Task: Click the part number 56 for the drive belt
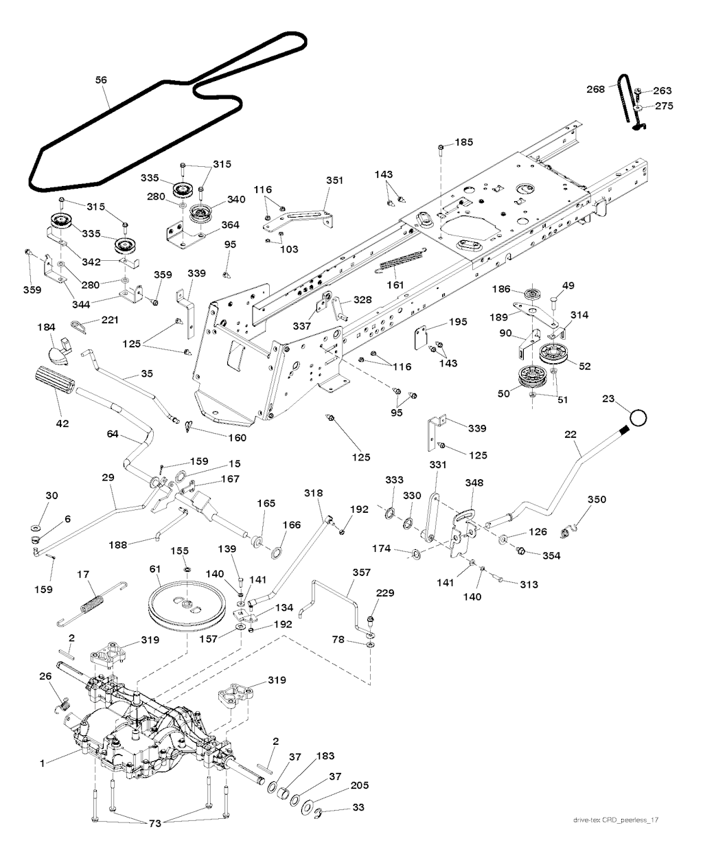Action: point(101,80)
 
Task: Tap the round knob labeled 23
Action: point(638,417)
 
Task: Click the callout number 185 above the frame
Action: point(464,142)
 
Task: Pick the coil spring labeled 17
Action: point(93,603)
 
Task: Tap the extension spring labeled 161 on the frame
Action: point(402,258)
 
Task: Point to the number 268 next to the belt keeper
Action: point(595,89)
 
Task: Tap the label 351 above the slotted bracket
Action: point(334,181)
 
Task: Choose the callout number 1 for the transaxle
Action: point(42,763)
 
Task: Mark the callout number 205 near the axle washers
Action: point(360,785)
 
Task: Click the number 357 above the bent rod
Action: point(361,572)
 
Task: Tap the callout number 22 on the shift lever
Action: point(571,435)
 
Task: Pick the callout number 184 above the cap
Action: point(46,327)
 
